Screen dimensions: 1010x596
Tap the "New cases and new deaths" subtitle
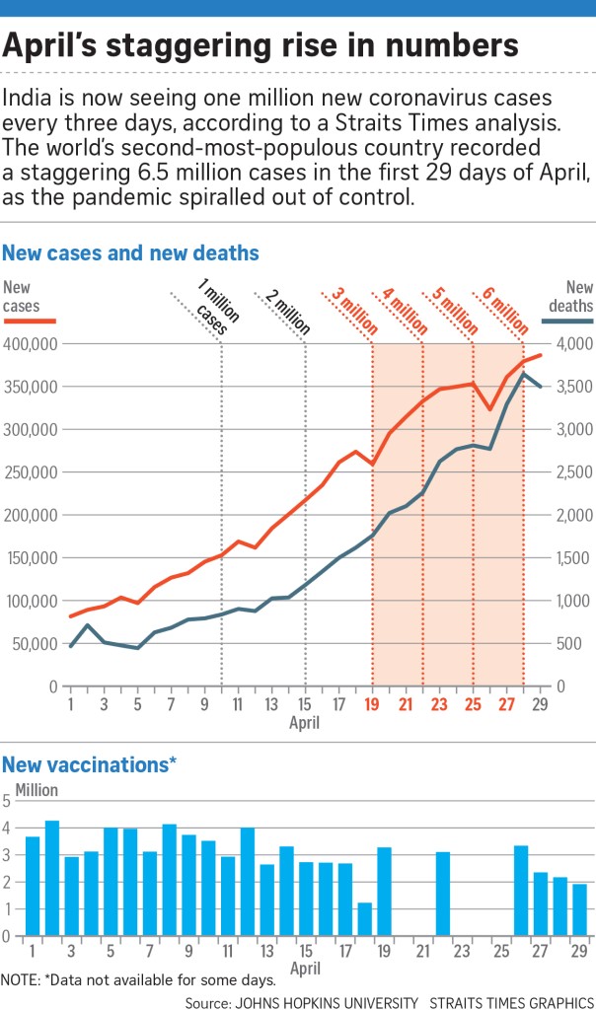(130, 253)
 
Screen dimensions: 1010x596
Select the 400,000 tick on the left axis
(31, 344)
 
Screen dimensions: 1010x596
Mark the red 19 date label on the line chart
(373, 705)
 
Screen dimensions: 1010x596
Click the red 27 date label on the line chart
(506, 705)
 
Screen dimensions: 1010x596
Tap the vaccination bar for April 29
(579, 909)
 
